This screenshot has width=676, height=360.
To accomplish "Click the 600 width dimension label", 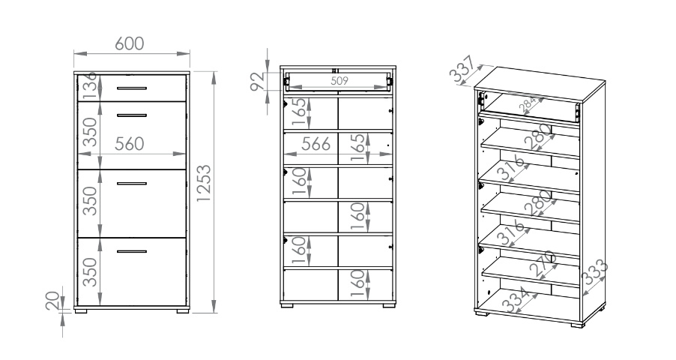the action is tap(130, 43).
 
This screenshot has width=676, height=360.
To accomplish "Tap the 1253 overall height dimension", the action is tap(204, 183).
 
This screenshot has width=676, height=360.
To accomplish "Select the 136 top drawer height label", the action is tap(90, 87).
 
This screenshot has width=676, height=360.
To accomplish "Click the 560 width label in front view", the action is tap(130, 144).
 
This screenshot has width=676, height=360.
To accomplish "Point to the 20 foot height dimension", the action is tap(52, 301).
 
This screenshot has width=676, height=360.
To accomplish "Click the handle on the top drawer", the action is tap(131, 88).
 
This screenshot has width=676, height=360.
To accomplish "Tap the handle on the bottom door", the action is tap(131, 251).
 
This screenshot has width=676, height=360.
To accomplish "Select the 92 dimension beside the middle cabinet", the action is tap(257, 82).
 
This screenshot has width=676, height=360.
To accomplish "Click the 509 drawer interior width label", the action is tap(339, 81).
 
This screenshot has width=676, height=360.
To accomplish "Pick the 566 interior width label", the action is tap(316, 144).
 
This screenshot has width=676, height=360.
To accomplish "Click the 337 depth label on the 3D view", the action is tap(462, 69).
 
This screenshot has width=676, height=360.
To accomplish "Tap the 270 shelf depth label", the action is tap(543, 263).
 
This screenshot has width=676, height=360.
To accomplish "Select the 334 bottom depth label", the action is tap(516, 299).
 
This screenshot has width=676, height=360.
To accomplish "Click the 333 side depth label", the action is tap(594, 272).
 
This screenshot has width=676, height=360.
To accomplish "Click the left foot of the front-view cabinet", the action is tap(81, 310).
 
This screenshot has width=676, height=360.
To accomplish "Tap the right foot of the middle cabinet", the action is tap(389, 305).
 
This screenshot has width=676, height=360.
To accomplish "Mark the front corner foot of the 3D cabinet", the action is tap(577, 325).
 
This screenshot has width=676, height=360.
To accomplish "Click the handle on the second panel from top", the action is tap(131, 115).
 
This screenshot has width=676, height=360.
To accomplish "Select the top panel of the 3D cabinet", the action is tap(540, 85).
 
